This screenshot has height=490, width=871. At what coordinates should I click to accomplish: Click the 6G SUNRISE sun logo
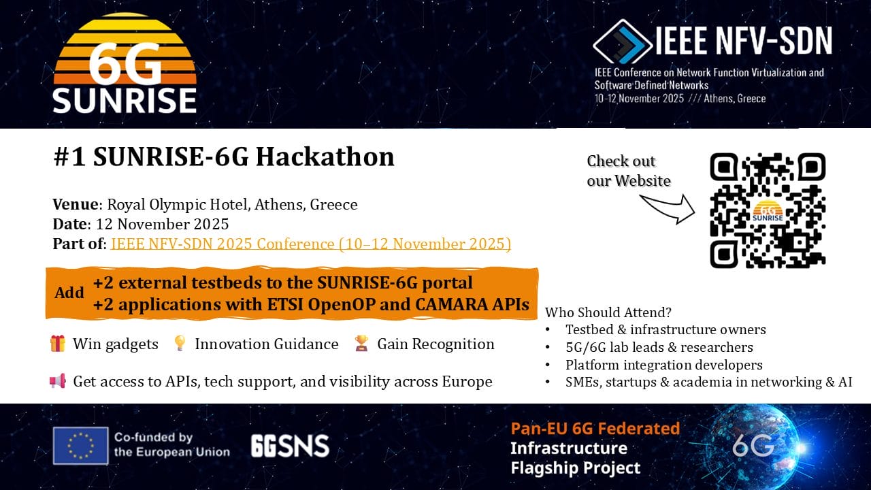click(x=125, y=63)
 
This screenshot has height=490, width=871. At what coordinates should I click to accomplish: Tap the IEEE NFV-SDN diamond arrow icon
click(x=622, y=42)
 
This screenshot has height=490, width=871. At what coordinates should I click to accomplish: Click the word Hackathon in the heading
click(x=325, y=157)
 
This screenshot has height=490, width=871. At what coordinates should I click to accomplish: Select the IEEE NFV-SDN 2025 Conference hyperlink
click(x=311, y=244)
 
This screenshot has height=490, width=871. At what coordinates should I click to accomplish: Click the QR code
click(x=768, y=210)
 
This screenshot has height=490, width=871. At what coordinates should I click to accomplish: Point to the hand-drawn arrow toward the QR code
click(x=668, y=209)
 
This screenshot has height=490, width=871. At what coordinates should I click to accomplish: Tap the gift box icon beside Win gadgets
click(x=58, y=344)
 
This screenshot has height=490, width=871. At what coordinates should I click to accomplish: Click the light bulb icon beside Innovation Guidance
click(x=180, y=344)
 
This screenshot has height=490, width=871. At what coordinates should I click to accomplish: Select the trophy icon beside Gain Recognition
click(x=361, y=344)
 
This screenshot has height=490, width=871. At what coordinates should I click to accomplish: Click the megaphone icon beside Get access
click(x=58, y=381)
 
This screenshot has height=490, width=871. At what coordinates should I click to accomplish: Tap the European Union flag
click(x=80, y=446)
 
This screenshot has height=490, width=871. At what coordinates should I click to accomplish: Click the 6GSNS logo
click(x=290, y=446)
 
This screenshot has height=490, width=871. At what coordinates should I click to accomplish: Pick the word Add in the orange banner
click(x=69, y=293)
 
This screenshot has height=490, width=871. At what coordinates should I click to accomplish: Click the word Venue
click(x=76, y=204)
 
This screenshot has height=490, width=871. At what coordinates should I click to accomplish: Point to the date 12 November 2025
click(x=162, y=224)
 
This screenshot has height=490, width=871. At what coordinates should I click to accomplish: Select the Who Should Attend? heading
click(x=608, y=312)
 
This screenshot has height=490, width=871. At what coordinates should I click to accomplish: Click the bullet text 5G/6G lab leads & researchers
click(x=659, y=347)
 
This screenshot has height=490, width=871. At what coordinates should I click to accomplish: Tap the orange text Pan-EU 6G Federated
click(x=595, y=429)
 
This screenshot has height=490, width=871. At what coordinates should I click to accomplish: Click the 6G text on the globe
click(x=753, y=446)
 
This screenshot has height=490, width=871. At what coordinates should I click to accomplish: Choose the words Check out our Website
click(x=629, y=171)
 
